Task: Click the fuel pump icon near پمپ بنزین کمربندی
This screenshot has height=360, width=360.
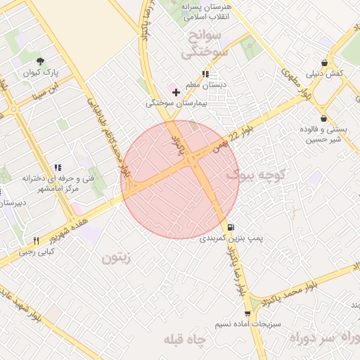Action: [231, 227]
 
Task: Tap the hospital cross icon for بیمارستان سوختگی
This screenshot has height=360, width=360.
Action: [175, 92]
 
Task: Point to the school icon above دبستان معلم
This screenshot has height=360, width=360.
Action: [205, 74]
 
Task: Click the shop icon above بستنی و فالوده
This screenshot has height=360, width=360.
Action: [323, 118]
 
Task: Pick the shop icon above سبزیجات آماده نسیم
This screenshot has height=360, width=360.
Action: [247, 314]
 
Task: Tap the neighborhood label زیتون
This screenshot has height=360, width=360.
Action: [116, 258]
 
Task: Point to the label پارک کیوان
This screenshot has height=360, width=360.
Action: [41, 72]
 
